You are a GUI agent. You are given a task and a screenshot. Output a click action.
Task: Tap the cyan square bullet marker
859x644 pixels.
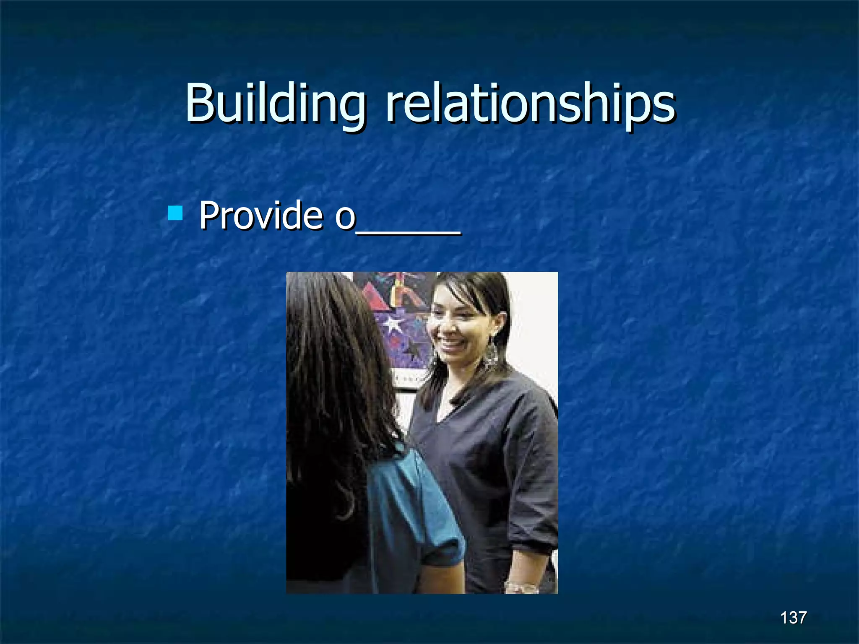tap(175, 213)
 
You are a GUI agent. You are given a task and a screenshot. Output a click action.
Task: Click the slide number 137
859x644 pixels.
tap(793, 618)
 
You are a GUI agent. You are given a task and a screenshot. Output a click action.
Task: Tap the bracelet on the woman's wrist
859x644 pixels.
tap(521, 587)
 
